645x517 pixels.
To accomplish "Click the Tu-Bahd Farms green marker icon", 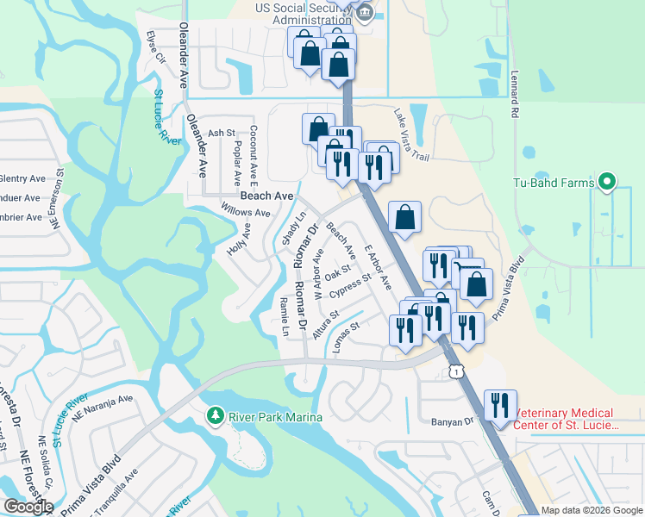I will coord(606,183).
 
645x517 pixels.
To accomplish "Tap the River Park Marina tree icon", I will coord(216,417).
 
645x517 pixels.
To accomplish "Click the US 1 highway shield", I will coord(454,371).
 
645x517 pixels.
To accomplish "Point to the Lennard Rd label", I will coord(515,94).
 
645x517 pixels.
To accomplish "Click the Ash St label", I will coord(221,133).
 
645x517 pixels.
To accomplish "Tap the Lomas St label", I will coord(342,327).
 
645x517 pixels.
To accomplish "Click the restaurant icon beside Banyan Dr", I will coord(500,406).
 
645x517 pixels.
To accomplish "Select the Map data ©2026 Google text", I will coord(592,510).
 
